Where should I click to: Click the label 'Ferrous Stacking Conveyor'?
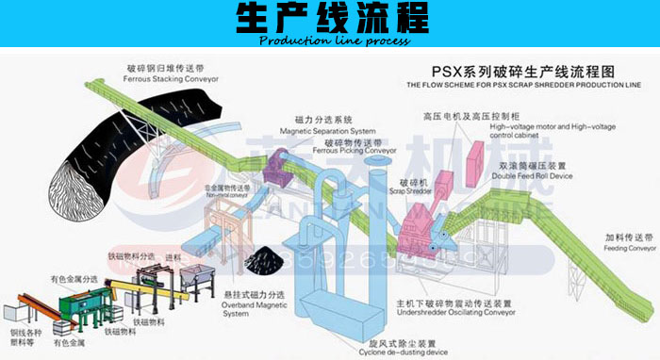[x=173, y=79]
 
